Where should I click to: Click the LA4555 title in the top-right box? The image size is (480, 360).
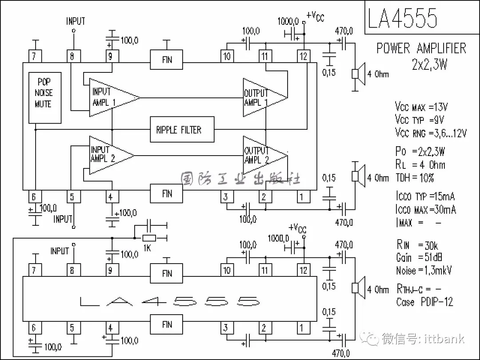coord(403,18)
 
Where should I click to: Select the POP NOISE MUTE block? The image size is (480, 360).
coord(44,97)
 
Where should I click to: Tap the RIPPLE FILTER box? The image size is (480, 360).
coord(182,130)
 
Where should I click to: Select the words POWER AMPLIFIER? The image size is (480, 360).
coord(421,48)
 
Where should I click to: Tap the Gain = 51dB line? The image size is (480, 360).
coord(419,257)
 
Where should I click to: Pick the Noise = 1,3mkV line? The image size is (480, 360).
coord(424,270)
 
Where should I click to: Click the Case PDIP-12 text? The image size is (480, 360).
coord(424,302)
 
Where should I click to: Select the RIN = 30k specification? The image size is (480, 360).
coord(418,244)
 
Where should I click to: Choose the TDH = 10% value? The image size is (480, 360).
coord(415,178)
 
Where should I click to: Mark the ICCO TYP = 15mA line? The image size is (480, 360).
coord(425,196)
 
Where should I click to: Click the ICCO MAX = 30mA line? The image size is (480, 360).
coord(425,209)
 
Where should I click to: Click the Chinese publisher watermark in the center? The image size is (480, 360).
coord(240,179)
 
